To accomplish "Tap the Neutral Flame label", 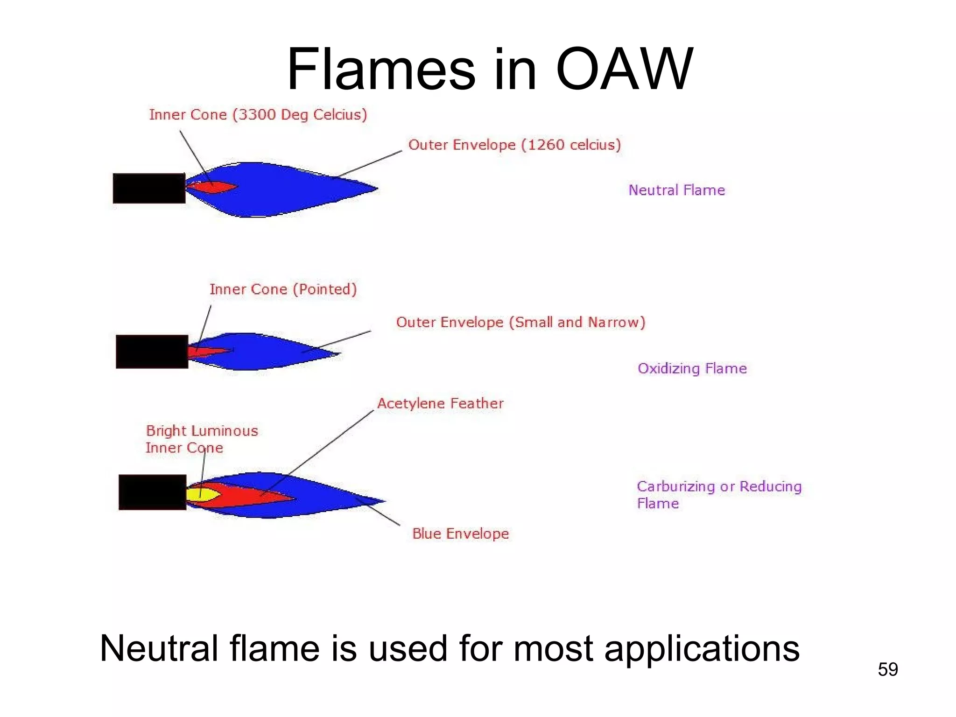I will coord(676,190).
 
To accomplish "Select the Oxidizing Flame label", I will coord(692,368).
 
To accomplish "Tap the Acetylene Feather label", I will coord(440,403).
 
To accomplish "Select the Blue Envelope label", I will coord(460,534).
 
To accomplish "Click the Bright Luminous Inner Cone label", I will coord(201,439).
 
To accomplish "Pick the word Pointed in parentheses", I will coord(325,289).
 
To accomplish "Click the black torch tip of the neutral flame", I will coord(149,188).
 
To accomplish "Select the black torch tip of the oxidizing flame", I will coord(152,351).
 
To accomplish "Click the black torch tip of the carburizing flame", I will coord(152,492).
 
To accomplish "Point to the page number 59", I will coord(887,669).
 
